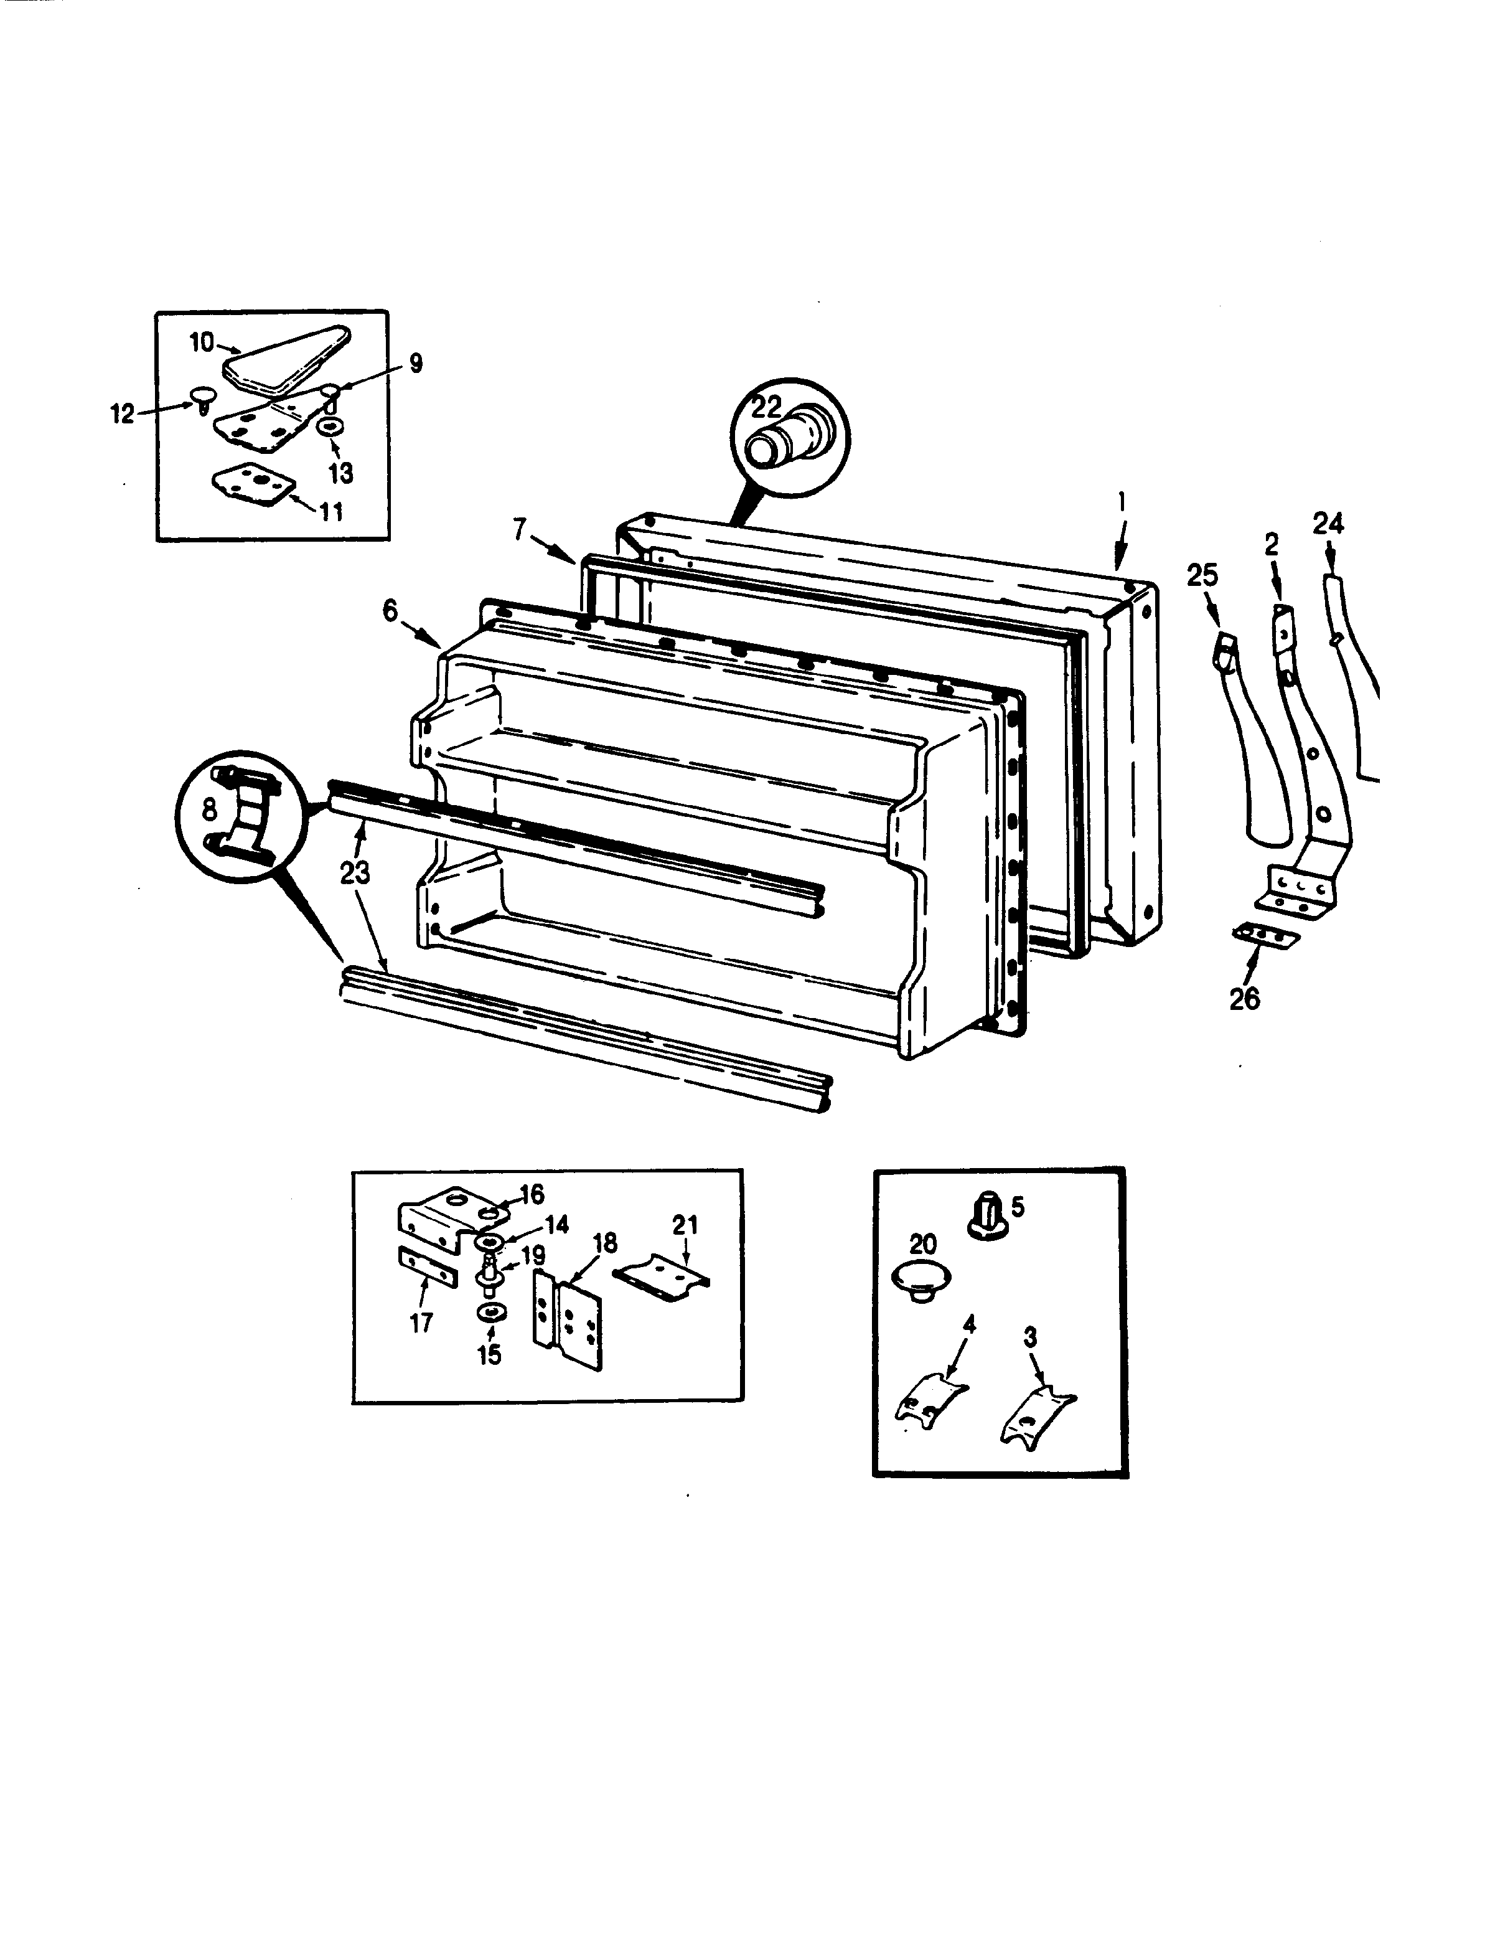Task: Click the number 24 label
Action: [1328, 524]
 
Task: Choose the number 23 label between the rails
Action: [355, 874]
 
